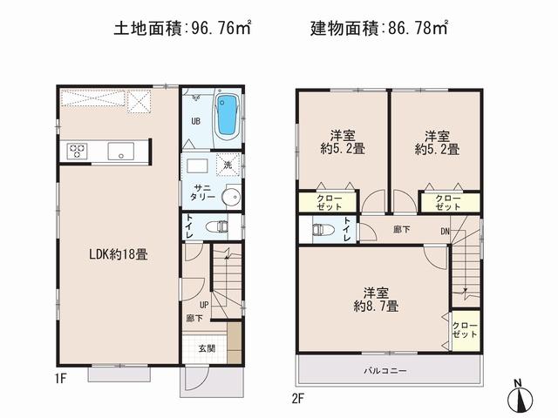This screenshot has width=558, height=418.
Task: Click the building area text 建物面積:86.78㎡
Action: coord(379,29)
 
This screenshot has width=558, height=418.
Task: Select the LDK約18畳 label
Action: coord(118,255)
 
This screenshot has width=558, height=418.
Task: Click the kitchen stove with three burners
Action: coord(76,151)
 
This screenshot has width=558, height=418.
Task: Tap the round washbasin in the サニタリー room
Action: coord(230,198)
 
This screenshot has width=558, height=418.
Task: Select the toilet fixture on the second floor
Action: coord(322,230)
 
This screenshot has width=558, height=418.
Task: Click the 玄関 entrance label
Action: coord(207,348)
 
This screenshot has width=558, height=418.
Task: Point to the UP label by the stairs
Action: coord(203,306)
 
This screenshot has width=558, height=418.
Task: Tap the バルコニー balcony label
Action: coord(386,370)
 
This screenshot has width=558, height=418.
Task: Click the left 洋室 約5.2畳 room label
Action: coord(343,142)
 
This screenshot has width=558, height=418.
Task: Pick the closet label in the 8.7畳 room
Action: coord(465,331)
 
